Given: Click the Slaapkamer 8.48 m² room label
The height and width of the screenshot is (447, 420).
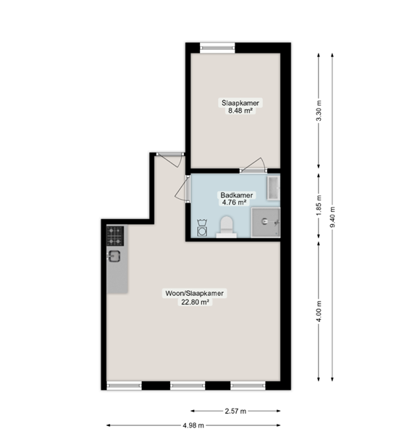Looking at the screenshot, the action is coord(240,106).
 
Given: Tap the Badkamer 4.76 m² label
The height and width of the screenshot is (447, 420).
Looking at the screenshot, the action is coord(237,199).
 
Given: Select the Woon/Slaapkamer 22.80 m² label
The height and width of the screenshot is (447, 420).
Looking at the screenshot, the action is coord(195,297).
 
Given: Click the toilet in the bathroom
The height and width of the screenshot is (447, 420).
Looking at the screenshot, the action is coord(227,226).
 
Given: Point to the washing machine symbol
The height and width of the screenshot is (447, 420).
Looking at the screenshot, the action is coord(202,228).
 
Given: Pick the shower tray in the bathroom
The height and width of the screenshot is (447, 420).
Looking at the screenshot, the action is coord(266,222).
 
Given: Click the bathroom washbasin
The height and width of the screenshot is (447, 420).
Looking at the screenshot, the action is coord(273,188).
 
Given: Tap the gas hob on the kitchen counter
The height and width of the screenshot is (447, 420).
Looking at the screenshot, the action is coord(115,236).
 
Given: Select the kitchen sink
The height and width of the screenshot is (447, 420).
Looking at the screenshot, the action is coord(114,256).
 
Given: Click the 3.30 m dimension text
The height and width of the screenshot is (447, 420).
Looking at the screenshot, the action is coord(319,111).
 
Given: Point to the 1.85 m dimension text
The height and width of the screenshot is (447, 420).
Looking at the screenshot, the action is coord(319,205).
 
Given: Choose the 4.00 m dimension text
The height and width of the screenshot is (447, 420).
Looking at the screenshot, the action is coord(319,311).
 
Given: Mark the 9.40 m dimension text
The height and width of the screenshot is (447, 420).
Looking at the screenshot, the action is coord(332,217).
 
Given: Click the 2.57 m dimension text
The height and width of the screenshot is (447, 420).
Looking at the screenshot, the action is coord(235,411).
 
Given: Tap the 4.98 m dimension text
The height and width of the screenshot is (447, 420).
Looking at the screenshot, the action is coord(193,425).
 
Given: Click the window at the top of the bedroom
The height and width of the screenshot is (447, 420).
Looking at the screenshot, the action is coord(217,48).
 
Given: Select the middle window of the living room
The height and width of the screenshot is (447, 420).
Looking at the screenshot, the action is coord(188,386).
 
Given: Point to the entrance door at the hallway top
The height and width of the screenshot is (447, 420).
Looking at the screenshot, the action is coord(170,160).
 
